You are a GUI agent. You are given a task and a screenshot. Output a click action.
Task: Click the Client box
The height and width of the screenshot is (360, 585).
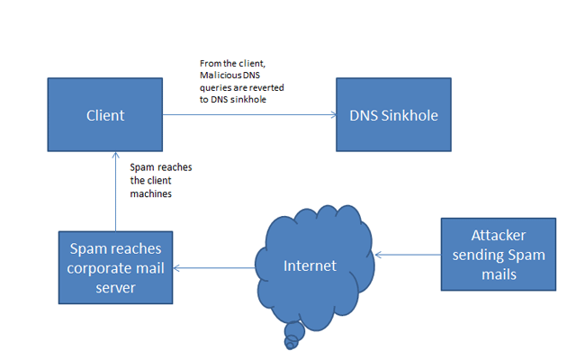click(105, 115)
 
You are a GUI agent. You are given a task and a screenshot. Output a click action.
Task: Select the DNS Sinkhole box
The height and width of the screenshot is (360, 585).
click(392, 115)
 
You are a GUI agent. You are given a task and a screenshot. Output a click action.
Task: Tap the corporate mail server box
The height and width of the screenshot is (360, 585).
click(114, 266)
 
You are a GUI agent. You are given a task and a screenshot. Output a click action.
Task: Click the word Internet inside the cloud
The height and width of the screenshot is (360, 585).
click(310, 265)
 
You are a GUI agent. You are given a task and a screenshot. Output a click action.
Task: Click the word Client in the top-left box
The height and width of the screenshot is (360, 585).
click(105, 115)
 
